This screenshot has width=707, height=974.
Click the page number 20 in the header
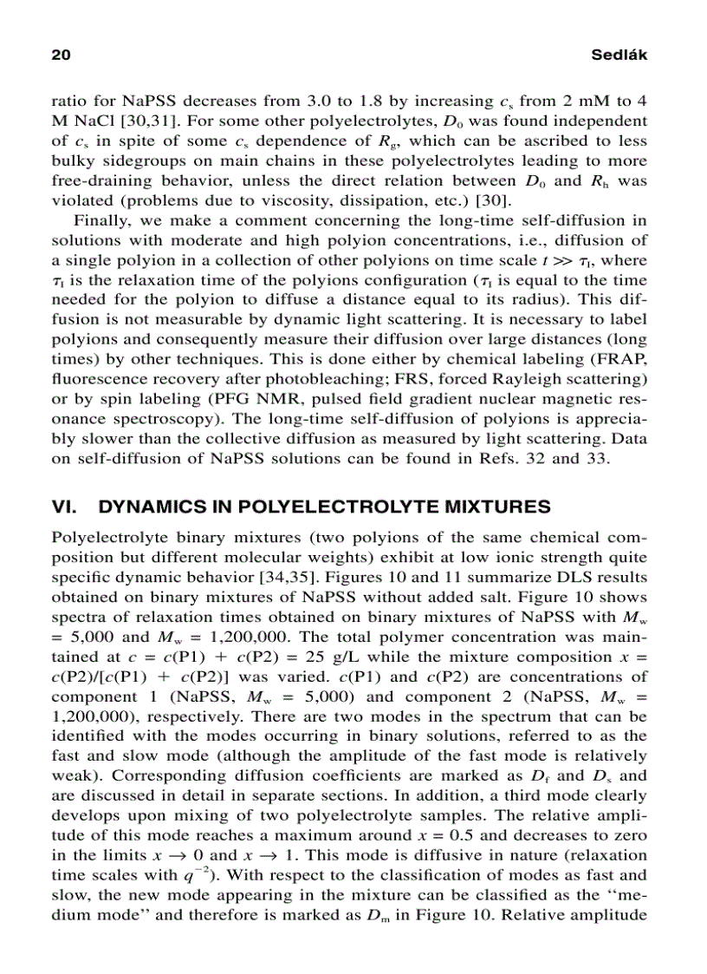61,55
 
